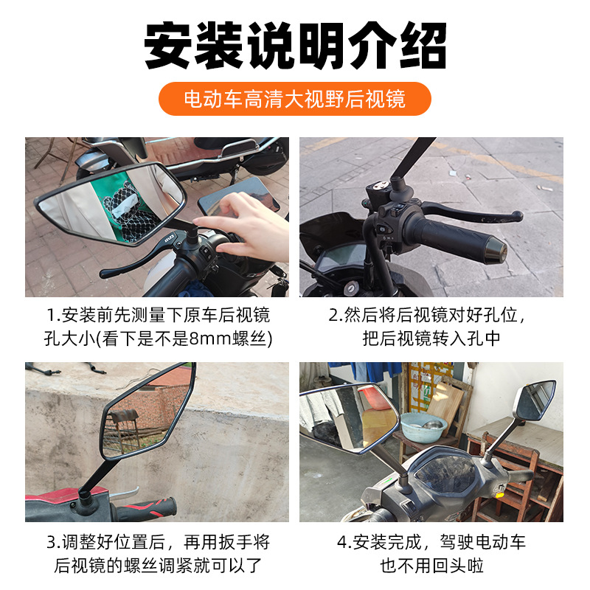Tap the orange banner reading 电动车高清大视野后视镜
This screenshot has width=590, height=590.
tap(294, 99)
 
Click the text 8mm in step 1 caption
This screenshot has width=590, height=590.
tap(210, 339)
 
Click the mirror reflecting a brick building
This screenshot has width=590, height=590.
tap(146, 412)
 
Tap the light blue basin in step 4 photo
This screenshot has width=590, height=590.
tap(423, 427)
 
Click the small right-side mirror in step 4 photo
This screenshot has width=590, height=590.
tap(535, 401)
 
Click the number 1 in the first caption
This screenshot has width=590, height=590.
tap(51, 316)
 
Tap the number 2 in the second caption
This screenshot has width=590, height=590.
tap(334, 316)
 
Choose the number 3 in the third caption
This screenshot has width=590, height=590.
tap(52, 543)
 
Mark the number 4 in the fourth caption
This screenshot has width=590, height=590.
tap(342, 543)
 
